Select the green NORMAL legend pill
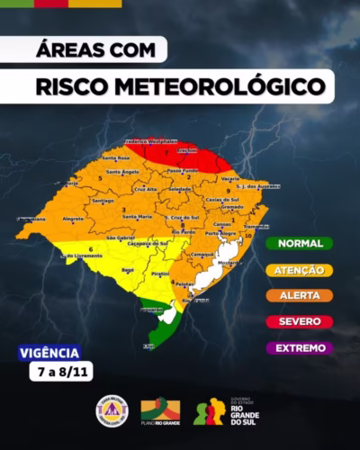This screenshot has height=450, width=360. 299,243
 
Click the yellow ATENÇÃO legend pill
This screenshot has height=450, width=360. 299,269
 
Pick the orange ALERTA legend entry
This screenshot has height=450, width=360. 299,295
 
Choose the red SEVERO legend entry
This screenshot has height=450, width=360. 299,321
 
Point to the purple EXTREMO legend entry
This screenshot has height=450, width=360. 299,347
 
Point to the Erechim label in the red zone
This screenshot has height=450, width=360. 187,150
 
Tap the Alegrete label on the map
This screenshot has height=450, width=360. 72,219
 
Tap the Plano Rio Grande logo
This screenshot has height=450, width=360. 160,412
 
